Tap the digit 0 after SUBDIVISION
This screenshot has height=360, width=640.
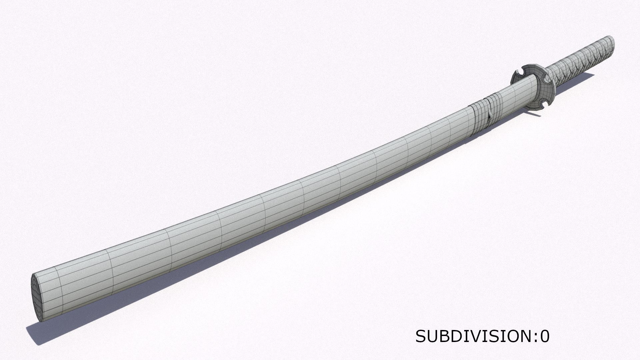(545, 337)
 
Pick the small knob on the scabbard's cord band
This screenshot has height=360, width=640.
(489, 117)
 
